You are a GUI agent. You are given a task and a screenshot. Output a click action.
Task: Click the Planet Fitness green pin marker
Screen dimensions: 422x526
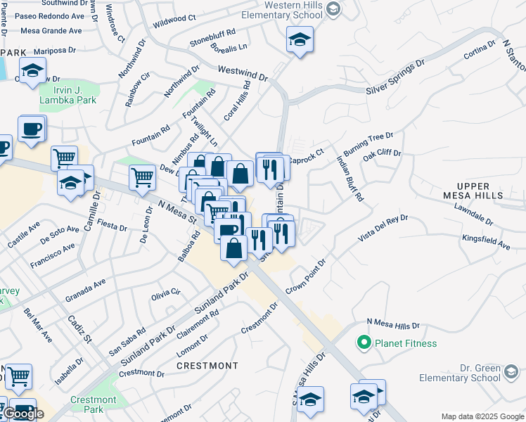pos(364,343)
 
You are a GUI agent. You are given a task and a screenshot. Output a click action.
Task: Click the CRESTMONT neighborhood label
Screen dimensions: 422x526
pos(207,366)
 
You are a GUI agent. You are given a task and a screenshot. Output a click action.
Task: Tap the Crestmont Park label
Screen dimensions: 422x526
pos(87,404)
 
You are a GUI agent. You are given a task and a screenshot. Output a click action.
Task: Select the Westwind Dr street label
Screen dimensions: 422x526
pos(243,72)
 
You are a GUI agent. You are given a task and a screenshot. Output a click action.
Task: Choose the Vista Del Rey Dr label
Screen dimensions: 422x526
pos(383,229)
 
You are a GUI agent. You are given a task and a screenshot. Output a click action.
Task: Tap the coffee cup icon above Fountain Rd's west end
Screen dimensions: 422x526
pos(32,129)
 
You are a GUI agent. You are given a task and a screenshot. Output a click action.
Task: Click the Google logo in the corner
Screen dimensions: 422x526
pos(23,414)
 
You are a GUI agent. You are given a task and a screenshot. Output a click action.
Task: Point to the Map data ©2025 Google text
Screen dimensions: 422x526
pos(482,416)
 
